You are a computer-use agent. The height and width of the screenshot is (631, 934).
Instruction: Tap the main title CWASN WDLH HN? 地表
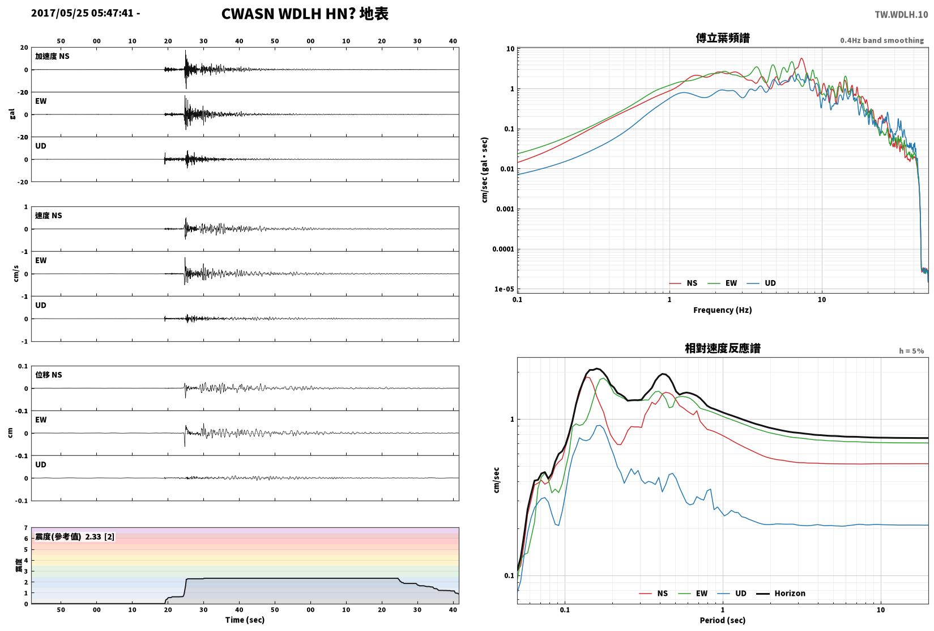[305, 14]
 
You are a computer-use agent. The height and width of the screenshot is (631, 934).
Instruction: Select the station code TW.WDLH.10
[901, 15]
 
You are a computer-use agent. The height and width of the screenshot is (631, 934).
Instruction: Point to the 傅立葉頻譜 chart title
[723, 38]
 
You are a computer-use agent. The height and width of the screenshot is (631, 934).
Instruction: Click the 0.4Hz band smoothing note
[882, 40]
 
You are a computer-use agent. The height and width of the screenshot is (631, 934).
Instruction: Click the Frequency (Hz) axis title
[722, 310]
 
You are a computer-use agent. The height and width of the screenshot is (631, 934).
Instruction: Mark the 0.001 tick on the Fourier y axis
[505, 209]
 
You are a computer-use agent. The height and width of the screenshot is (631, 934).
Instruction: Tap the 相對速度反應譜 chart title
[723, 348]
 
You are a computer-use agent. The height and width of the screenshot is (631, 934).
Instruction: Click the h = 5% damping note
[911, 351]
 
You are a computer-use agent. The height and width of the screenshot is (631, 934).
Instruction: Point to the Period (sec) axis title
[722, 620]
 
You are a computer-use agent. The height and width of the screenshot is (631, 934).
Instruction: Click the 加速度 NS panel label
[52, 56]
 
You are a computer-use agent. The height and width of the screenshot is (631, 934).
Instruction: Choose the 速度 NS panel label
[48, 215]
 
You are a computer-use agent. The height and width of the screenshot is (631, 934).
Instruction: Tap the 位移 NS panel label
[48, 375]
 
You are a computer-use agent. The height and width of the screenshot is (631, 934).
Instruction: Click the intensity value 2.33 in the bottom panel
[93, 537]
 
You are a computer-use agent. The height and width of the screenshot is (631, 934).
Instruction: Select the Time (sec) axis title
[245, 620]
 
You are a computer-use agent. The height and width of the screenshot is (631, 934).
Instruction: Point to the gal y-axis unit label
[12, 114]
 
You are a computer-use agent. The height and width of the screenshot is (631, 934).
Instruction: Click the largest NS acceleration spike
[186, 69]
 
